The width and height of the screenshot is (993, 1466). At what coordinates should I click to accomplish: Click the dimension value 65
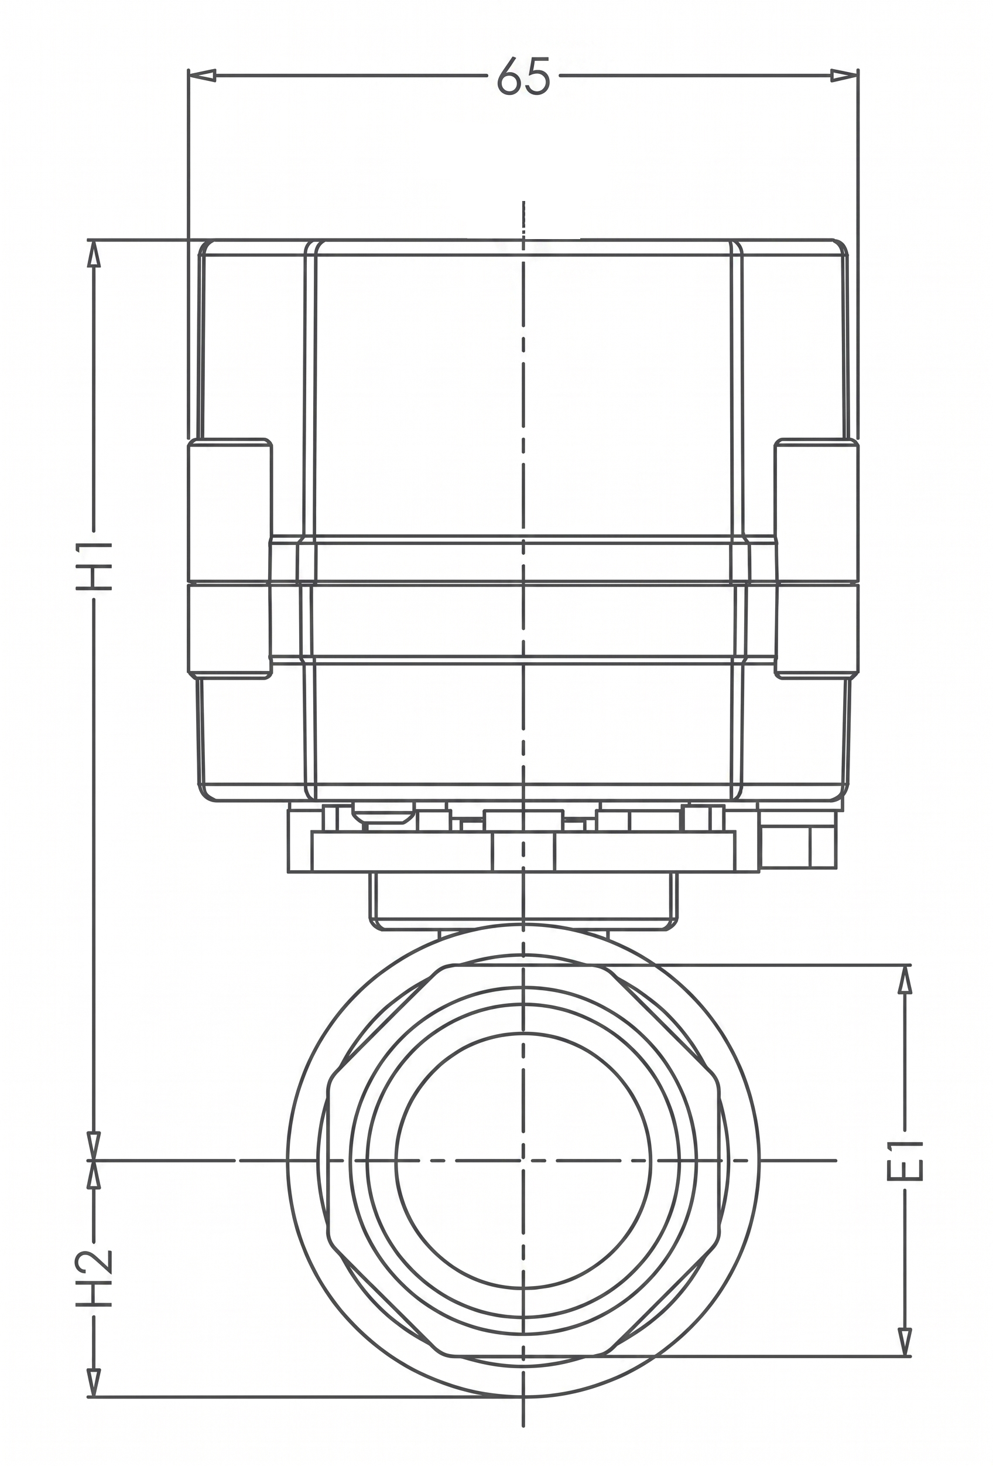click(x=523, y=76)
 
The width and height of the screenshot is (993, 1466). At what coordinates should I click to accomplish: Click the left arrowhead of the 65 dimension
click(x=203, y=76)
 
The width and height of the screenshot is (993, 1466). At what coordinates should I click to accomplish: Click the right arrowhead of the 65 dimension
click(x=844, y=76)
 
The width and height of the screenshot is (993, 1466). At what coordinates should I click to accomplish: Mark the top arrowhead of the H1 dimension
click(x=94, y=253)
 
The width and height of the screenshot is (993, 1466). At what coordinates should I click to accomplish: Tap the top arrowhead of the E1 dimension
click(x=905, y=980)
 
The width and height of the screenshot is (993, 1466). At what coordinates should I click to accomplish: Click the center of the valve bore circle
click(x=523, y=1160)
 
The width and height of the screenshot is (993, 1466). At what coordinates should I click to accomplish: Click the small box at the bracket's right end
click(x=799, y=840)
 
